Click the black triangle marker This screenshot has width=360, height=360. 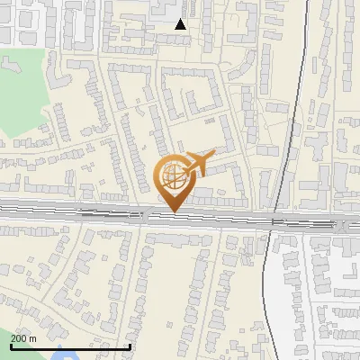[x=181, y=24]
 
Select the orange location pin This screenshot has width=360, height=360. [x=175, y=180]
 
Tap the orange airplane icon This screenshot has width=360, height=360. [x=199, y=163]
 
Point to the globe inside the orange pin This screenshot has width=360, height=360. [x=175, y=175]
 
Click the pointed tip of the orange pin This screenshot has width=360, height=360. [x=175, y=211]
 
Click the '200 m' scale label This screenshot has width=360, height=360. [x=23, y=337]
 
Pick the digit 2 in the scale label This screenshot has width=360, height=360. [x=13, y=337]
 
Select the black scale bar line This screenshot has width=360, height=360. [x=70, y=346]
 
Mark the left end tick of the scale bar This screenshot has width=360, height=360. [x=11, y=346]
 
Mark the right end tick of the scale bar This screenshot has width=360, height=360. [x=130, y=346]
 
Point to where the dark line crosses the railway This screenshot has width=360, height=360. [x=274, y=220]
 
